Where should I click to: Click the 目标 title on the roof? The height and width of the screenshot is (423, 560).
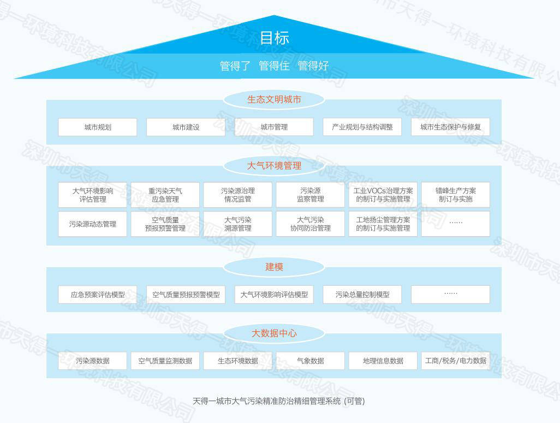point(275,38)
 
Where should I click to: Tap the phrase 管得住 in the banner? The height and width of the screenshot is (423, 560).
point(274,66)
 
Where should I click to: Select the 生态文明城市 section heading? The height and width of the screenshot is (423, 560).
point(274,99)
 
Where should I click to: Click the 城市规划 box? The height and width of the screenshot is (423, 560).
point(98,127)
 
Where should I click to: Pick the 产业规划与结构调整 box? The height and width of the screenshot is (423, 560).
point(362,127)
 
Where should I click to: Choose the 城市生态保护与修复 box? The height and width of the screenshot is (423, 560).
point(450,127)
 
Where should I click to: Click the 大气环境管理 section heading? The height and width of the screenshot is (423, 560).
point(274,166)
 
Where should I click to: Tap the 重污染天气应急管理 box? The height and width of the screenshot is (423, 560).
point(165,195)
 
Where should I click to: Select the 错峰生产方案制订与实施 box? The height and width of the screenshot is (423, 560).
point(455,195)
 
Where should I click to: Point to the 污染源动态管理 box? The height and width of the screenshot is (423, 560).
point(92,224)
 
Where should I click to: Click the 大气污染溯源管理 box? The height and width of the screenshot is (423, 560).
point(237,224)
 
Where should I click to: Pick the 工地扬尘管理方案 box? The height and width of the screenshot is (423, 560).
point(383,224)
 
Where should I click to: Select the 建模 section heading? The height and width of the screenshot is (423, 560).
point(274,267)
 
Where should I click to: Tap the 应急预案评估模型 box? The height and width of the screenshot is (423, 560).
point(98,295)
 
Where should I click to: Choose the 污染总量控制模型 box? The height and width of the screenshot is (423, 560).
point(362,295)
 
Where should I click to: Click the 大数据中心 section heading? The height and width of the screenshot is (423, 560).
point(274,333)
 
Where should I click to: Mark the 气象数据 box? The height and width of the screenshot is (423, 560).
point(311,361)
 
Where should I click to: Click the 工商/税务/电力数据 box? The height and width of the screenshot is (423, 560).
point(455,361)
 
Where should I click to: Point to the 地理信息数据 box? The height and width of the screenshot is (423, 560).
point(383,361)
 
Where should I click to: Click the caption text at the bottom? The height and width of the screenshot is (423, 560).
point(278,401)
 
